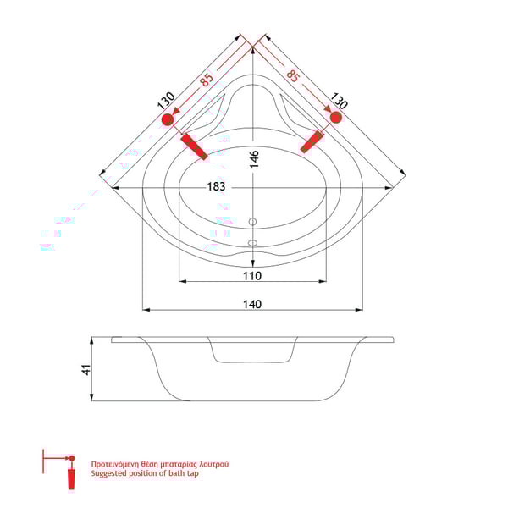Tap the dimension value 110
(x=252, y=276)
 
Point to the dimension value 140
(x=252, y=304)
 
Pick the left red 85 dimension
(x=206, y=80)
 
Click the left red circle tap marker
(x=167, y=121)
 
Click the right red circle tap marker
(x=336, y=119)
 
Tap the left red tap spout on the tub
(x=194, y=146)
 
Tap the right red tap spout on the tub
(x=312, y=141)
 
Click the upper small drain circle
(x=251, y=224)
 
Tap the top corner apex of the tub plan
(x=253, y=36)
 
